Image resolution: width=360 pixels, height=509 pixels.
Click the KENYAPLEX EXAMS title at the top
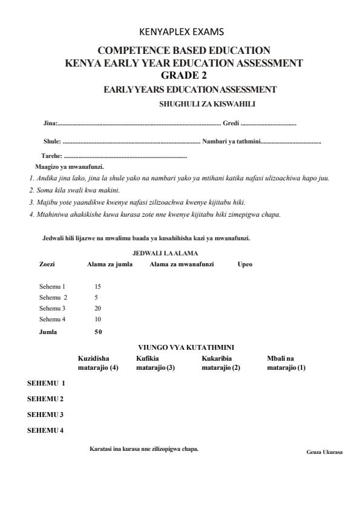[x=180, y=31]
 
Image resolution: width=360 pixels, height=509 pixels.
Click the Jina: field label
[x=50, y=123]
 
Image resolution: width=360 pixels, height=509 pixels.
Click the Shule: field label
[x=52, y=142]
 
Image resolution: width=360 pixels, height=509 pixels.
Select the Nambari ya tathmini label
[x=231, y=142]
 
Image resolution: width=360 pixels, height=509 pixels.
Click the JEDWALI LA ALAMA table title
[x=165, y=253]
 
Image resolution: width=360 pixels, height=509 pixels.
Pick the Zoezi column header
[x=47, y=264]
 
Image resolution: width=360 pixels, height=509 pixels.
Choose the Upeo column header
[x=245, y=264]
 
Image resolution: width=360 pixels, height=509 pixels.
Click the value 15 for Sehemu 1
[x=98, y=286]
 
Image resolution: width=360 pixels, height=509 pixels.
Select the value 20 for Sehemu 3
[x=98, y=308]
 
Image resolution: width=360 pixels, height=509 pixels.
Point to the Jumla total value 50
[x=98, y=332]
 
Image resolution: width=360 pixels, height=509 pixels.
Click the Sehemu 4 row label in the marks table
[x=53, y=319]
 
